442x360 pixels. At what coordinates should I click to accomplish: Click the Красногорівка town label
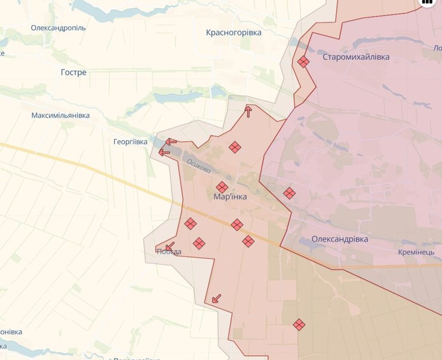pyautogui.click(x=234, y=32)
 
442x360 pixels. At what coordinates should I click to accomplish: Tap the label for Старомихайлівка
pyautogui.click(x=355, y=57)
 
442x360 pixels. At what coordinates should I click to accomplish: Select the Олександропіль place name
pyautogui.click(x=59, y=27)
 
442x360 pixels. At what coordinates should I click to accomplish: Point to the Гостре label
pyautogui.click(x=73, y=72)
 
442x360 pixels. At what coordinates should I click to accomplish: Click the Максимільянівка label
pyautogui.click(x=61, y=115)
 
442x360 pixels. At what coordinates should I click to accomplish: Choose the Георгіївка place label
pyautogui.click(x=130, y=141)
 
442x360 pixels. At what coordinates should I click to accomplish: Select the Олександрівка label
pyautogui.click(x=339, y=239)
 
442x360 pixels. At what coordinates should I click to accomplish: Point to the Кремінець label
pyautogui.click(x=417, y=253)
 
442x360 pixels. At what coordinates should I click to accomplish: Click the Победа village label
pyautogui.click(x=168, y=252)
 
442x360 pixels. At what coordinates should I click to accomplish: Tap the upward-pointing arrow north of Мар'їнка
pyautogui.click(x=248, y=112)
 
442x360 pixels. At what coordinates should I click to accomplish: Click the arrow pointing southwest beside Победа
pyautogui.click(x=170, y=246)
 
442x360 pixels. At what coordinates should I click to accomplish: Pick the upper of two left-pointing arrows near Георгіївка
pyautogui.click(x=171, y=142)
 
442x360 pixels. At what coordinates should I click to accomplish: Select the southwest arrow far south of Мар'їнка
pyautogui.click(x=216, y=298)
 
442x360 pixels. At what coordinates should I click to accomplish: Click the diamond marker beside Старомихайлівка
pyautogui.click(x=303, y=61)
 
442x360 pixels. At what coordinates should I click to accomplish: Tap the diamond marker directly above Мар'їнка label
pyautogui.click(x=222, y=187)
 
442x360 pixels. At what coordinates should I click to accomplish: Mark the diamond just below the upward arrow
pyautogui.click(x=235, y=147)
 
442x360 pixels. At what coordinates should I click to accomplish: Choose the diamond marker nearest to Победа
pyautogui.click(x=199, y=243)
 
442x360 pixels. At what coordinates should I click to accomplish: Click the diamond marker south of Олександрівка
pyautogui.click(x=299, y=325)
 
